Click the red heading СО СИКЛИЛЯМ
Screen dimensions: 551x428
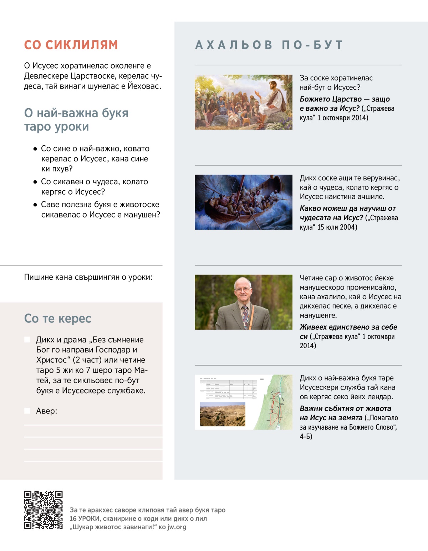click(x=71, y=45)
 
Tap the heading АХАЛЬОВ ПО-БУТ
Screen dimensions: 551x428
click(x=269, y=45)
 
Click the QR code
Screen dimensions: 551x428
click(x=43, y=510)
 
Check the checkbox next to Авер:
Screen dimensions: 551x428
click(x=27, y=411)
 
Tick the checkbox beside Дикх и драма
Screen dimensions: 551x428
click(x=27, y=340)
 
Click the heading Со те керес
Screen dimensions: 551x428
click(x=58, y=318)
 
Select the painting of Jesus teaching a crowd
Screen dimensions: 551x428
click(x=244, y=102)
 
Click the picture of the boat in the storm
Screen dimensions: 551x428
click(x=244, y=202)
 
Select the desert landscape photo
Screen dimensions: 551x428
click(x=223, y=414)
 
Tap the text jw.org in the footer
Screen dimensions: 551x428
click(x=177, y=527)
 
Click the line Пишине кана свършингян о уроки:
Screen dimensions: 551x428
click(x=88, y=277)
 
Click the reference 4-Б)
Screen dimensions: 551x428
click(x=306, y=436)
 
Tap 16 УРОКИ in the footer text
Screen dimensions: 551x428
click(x=85, y=519)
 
